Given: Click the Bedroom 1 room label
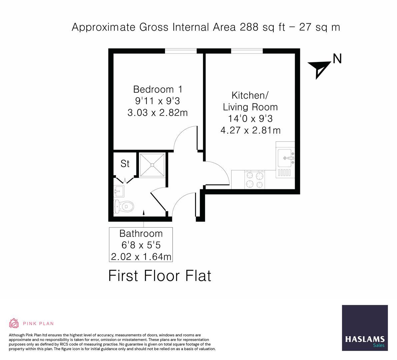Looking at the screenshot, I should click(158, 89).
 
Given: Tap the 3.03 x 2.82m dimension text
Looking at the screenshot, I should click(158, 113).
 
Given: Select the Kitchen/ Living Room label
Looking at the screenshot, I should click(250, 101).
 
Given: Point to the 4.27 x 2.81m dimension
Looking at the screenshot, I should click(250, 130).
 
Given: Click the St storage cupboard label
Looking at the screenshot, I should click(125, 164).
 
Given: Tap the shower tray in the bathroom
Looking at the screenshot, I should click(152, 165).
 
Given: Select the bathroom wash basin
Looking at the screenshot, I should click(119, 191).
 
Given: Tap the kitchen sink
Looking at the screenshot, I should click(286, 158).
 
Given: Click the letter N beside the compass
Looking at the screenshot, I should click(337, 59).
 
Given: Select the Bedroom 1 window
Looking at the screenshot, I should click(181, 51).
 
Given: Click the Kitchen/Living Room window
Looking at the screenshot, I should click(247, 51).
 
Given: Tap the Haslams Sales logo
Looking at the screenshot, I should click(365, 328).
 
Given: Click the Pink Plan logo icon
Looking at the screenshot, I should click(14, 323).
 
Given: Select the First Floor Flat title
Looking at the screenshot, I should click(160, 276).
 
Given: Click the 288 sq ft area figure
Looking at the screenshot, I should click(263, 27).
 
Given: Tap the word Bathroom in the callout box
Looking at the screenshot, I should click(141, 233).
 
